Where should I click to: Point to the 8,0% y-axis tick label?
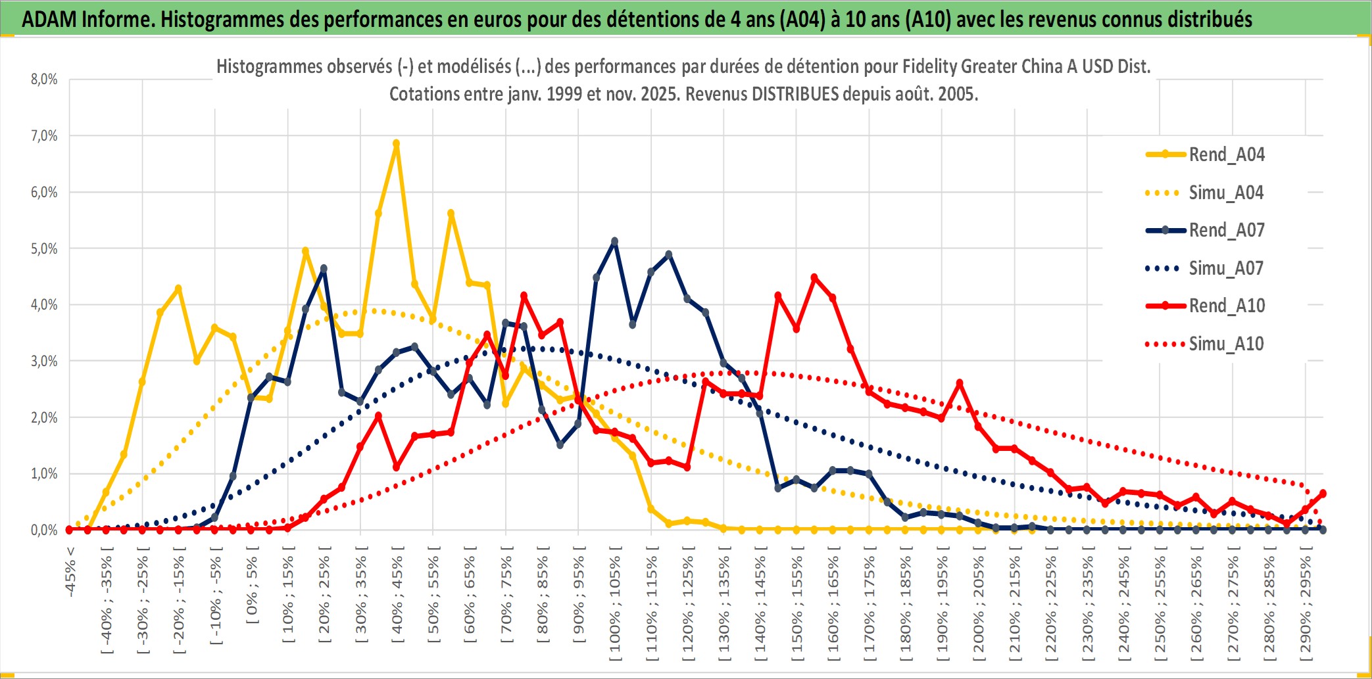point(44,80)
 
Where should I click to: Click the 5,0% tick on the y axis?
point(44,248)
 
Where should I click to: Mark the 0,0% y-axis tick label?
point(44,530)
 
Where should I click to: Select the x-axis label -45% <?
point(70,572)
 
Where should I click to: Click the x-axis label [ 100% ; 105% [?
point(615,608)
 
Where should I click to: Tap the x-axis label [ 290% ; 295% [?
point(1306,608)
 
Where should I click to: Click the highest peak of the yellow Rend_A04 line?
point(396,143)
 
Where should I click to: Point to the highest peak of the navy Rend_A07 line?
point(614,241)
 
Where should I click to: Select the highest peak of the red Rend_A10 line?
point(814,277)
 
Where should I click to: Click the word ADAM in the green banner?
point(49,19)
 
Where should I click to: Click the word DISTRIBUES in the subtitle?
point(795,94)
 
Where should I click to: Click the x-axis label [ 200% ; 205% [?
point(979,608)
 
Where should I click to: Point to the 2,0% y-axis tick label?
point(44,417)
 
